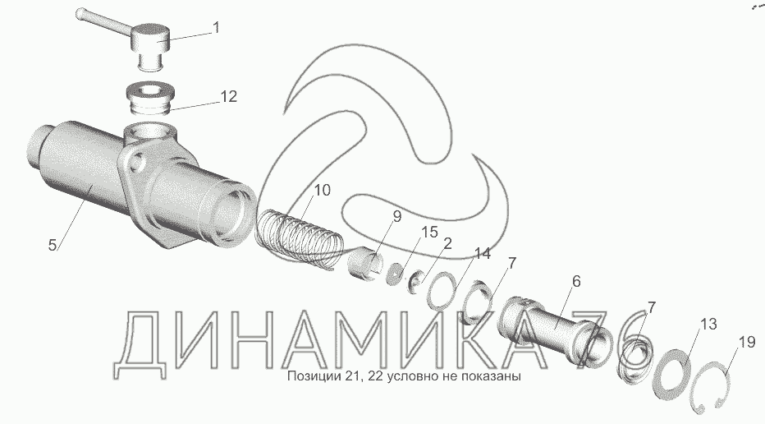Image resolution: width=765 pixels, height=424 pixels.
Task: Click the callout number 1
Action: click(216, 27)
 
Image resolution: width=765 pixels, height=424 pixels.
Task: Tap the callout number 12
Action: click(228, 97)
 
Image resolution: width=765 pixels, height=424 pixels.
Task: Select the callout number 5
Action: click(53, 245)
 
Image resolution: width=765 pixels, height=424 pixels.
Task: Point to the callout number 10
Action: click(322, 190)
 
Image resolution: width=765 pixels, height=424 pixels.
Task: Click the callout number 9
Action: click(396, 216)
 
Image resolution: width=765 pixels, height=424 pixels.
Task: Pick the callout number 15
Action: click(430, 232)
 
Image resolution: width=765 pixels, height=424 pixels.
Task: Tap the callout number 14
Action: click(483, 253)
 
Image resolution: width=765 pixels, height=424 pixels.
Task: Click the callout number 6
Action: click(576, 281)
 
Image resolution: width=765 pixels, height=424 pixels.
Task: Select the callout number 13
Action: click(709, 324)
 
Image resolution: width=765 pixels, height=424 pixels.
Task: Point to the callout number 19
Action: click(747, 342)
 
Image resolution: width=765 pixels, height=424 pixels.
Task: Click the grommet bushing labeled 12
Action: click(151, 99)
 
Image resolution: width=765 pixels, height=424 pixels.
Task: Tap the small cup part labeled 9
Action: click(364, 267)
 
